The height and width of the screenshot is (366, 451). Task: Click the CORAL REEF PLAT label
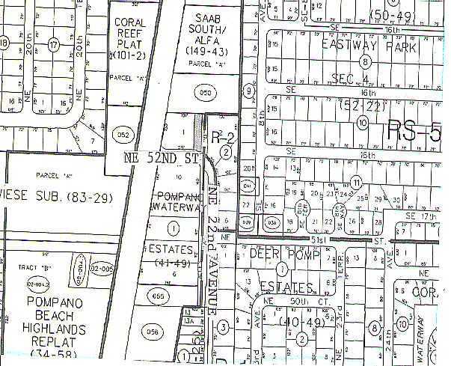130,33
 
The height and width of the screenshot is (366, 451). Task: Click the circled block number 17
53,46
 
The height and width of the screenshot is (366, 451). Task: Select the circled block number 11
357,182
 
